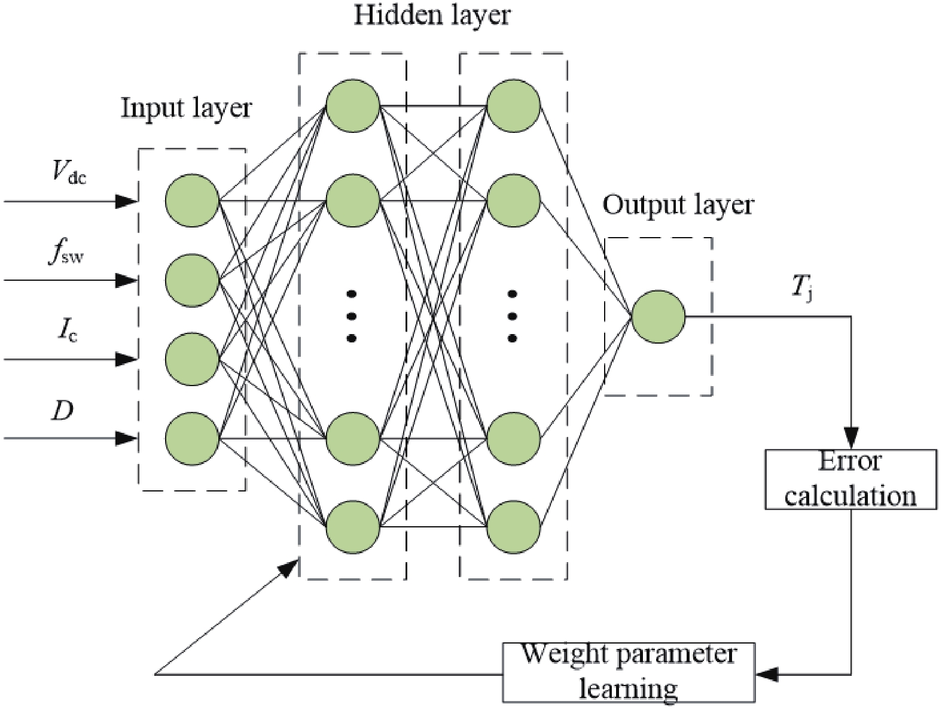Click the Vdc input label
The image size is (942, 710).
(69, 174)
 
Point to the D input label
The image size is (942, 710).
(62, 411)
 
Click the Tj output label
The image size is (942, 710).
(802, 289)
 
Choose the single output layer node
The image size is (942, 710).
(658, 317)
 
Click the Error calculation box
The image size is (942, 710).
(850, 480)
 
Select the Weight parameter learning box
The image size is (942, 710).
(628, 672)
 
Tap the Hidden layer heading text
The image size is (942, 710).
(432, 15)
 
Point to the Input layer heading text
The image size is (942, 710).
(187, 108)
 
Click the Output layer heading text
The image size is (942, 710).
(678, 205)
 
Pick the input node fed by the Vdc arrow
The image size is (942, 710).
(192, 201)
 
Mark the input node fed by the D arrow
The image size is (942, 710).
(192, 438)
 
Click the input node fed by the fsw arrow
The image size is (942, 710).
(192, 280)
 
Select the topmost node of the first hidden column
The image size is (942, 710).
(353, 105)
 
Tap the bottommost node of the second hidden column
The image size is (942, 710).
(513, 527)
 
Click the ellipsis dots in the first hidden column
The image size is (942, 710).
(352, 316)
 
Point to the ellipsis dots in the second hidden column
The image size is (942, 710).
(512, 316)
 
